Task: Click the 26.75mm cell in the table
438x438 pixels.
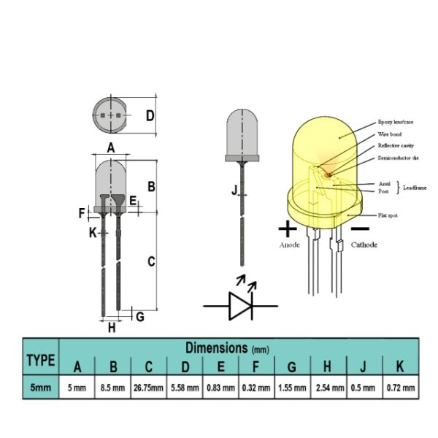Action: click(x=149, y=388)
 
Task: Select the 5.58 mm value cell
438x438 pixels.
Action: click(x=185, y=388)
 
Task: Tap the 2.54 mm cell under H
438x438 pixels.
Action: click(x=328, y=388)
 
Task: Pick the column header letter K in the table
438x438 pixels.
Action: click(x=400, y=366)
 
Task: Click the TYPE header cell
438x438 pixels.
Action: click(x=41, y=357)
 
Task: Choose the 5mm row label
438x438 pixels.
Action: click(x=41, y=388)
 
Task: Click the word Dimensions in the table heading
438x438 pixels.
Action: click(x=217, y=347)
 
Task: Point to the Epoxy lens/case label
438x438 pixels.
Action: click(x=395, y=122)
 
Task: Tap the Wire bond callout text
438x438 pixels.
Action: click(x=390, y=134)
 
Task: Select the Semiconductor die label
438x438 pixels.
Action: click(x=399, y=158)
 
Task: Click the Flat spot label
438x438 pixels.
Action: click(x=388, y=215)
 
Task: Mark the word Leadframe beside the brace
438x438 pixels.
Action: click(x=415, y=188)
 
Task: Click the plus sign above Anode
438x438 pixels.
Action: click(x=288, y=229)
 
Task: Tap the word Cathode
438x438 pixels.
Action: click(x=364, y=245)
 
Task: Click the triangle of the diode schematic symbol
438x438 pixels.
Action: click(x=240, y=306)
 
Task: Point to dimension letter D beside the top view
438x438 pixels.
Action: click(x=150, y=115)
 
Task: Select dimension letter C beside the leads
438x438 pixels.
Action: click(x=151, y=262)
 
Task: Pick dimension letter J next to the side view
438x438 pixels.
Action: click(x=234, y=191)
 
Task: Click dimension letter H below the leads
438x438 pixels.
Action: click(x=112, y=328)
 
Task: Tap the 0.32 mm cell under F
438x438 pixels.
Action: click(x=256, y=388)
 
